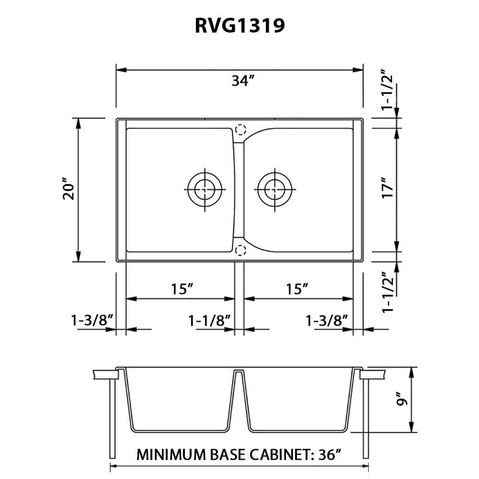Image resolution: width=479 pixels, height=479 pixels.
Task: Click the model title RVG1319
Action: tap(239, 26)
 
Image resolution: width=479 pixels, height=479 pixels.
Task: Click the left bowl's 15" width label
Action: tap(182, 289)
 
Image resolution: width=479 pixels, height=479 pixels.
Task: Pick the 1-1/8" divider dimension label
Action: tap(210, 320)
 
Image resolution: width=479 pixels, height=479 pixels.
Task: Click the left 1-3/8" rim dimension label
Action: tap(91, 320)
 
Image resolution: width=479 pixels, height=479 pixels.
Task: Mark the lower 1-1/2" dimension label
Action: tap(388, 292)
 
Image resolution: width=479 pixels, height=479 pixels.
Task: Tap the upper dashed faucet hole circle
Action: tap(240, 129)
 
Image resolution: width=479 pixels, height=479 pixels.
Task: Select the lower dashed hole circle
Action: tap(240, 250)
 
